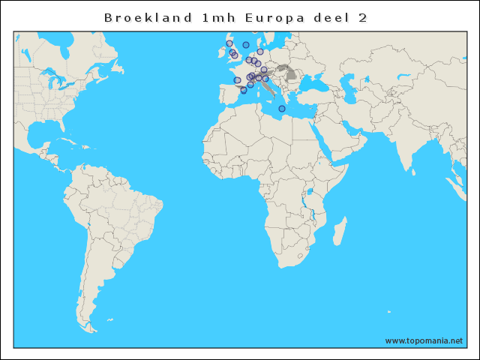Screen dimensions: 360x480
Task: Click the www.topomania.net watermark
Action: pos(424,341)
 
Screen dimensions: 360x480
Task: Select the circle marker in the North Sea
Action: pos(246,45)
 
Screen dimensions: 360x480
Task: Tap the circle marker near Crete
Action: pos(282,109)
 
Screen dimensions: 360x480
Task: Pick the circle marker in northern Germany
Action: pos(260,52)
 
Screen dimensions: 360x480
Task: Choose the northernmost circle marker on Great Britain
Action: pos(229,44)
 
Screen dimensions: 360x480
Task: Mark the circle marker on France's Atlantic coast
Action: pos(237,80)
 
